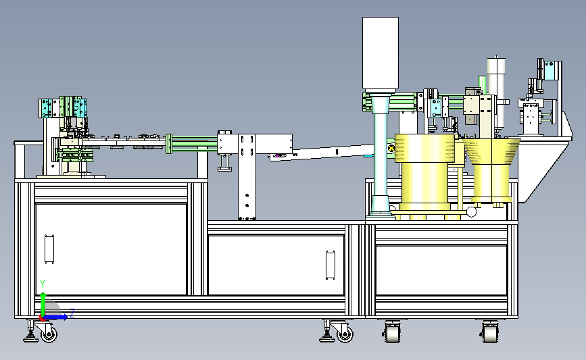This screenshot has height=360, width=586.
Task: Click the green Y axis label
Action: coord(43,284)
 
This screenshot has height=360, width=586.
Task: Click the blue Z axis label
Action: coord(72,313)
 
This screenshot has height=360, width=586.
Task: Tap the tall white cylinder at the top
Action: coord(381,54)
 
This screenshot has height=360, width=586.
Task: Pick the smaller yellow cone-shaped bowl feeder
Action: coord(491,170)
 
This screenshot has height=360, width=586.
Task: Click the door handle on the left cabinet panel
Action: coord(49,249)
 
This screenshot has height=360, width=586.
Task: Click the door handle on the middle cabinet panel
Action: coord(331,265)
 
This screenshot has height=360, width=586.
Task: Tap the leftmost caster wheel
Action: coord(49,334)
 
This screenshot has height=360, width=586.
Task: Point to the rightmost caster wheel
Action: coord(490,332)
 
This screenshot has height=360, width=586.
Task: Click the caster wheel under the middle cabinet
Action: coord(345,334)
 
